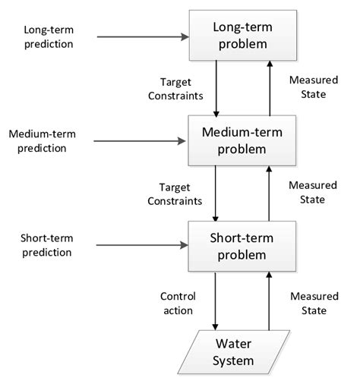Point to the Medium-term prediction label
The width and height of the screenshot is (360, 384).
coord(48,140)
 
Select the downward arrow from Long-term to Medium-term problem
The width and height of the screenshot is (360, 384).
coord(216,88)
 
